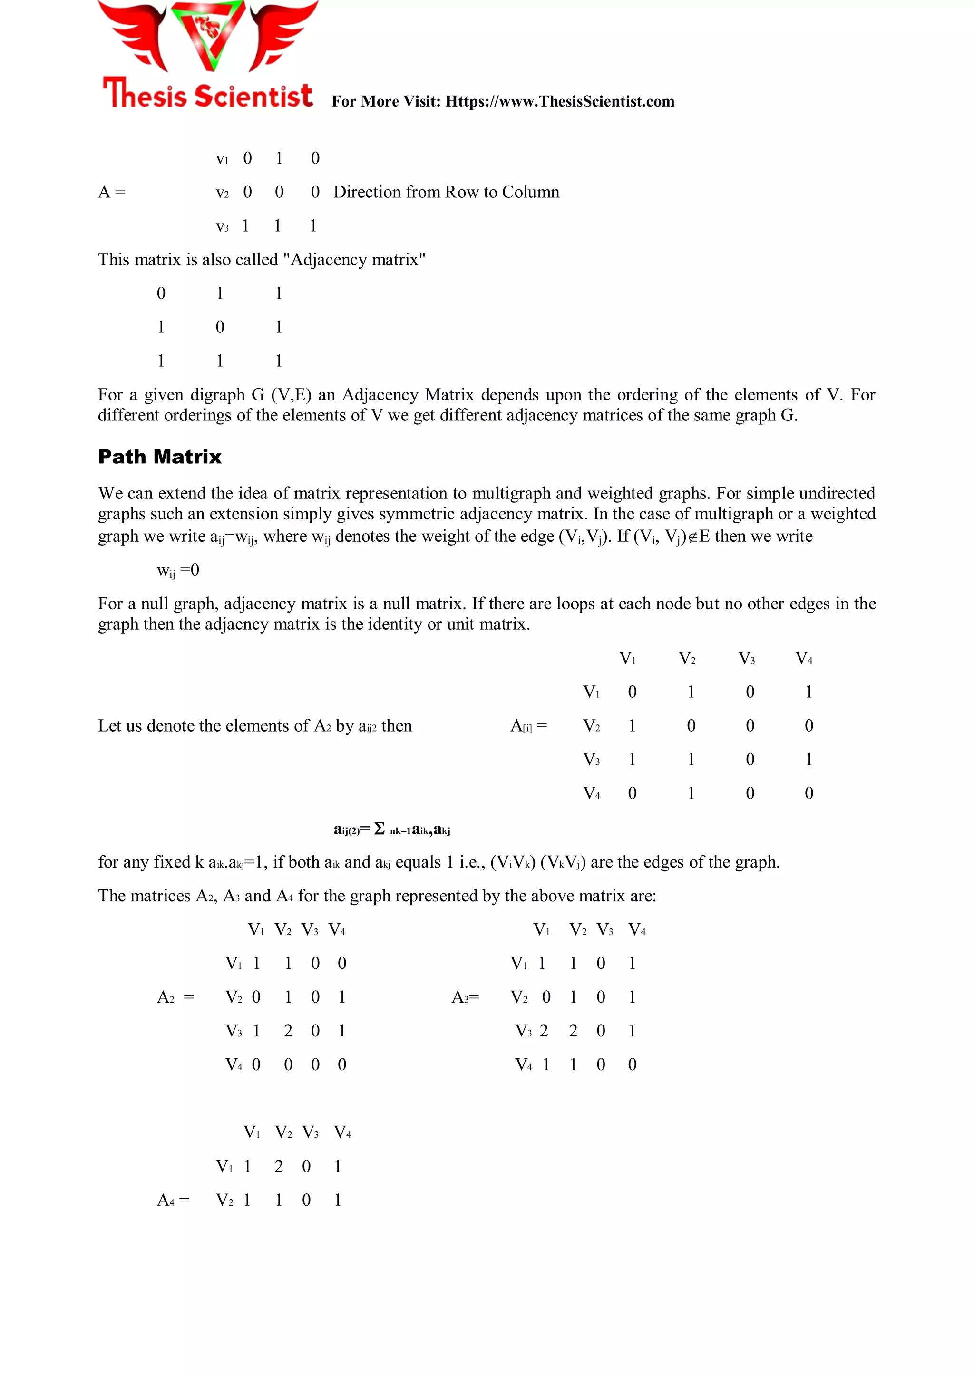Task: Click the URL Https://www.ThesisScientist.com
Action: [x=560, y=101]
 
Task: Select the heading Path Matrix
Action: [x=159, y=457]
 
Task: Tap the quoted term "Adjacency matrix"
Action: [x=354, y=260]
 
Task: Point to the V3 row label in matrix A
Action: [x=222, y=227]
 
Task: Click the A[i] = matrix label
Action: [x=528, y=726]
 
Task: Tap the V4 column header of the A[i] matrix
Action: [x=804, y=658]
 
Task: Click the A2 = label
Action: [x=175, y=997]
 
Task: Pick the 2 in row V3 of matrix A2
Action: [x=288, y=1031]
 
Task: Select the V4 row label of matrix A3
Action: [x=524, y=1064]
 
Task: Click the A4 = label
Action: [x=173, y=1200]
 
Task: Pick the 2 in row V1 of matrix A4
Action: [x=278, y=1166]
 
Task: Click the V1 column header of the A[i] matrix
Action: [x=627, y=658]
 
